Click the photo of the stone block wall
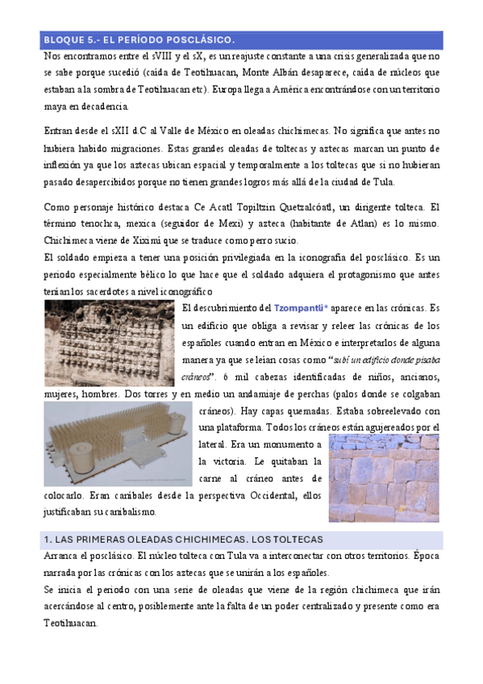click(383, 479)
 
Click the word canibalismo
click(132, 512)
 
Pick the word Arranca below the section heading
click(62, 556)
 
